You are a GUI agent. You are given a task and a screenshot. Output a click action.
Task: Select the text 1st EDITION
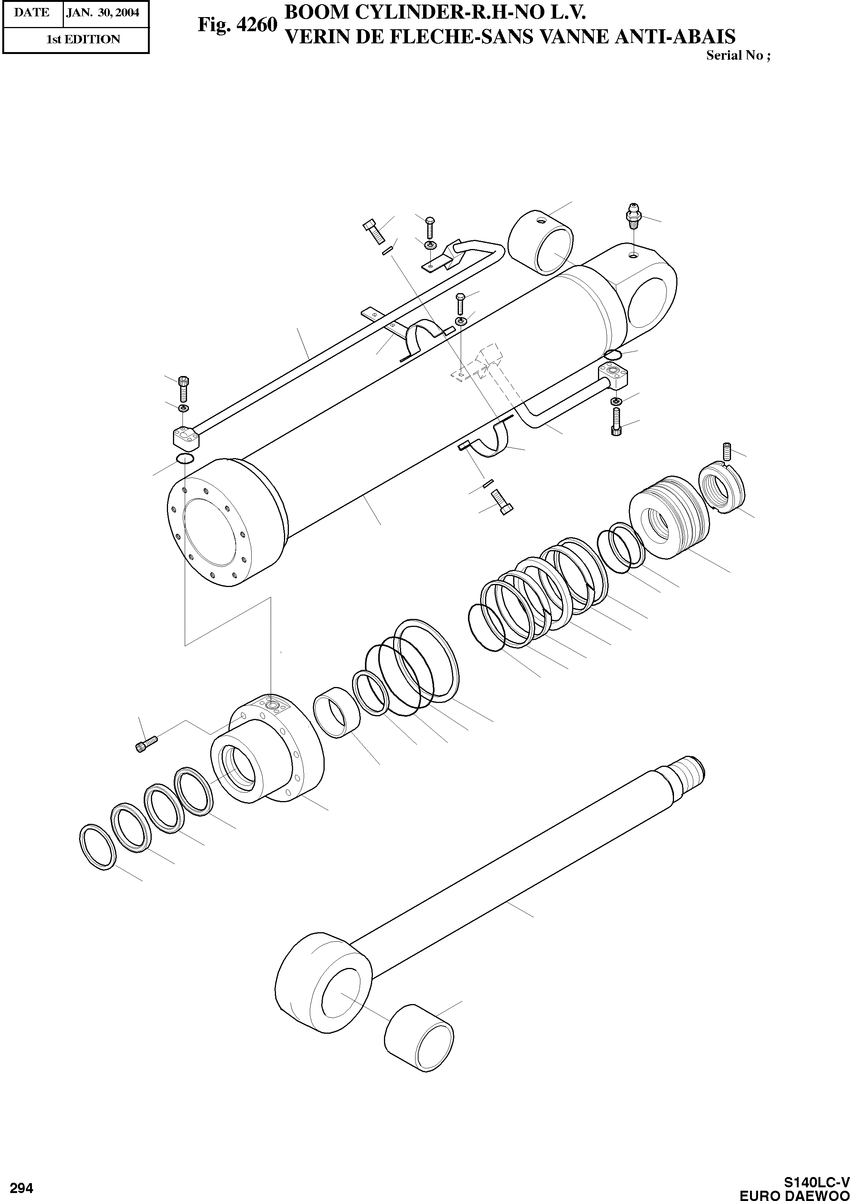point(83,39)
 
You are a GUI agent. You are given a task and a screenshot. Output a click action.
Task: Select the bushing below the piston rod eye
point(419,1046)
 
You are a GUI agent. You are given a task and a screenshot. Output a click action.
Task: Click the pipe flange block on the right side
point(614,377)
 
